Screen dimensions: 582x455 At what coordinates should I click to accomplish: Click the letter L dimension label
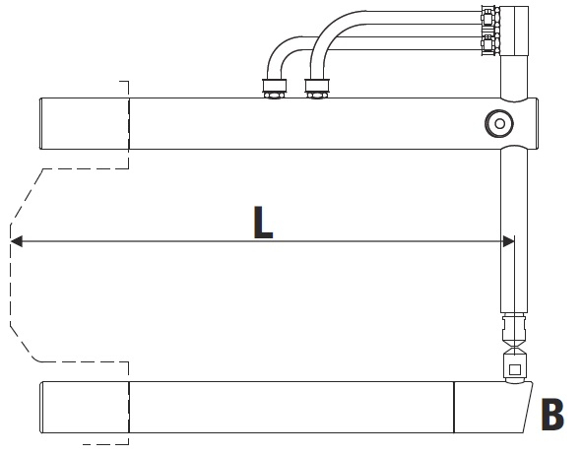point(263,222)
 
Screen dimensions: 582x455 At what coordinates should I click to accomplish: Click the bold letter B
point(552,415)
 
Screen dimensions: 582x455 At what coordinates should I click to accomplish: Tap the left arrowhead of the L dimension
point(16,241)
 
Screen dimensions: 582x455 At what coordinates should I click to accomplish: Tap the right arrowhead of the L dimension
point(509,241)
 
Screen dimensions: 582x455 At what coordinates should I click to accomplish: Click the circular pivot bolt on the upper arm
point(499,123)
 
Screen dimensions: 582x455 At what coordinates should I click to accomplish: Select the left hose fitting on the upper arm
point(275,89)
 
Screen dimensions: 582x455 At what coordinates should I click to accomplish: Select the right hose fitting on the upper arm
point(317,89)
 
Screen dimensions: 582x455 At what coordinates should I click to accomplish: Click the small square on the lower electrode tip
point(514,369)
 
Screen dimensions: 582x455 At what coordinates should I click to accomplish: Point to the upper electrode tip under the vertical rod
point(514,330)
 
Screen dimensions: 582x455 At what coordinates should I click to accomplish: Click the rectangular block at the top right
point(514,31)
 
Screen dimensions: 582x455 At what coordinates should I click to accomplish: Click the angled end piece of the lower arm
point(492,407)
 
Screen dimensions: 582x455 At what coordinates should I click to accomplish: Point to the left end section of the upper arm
point(85,123)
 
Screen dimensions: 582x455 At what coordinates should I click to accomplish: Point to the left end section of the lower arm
point(85,407)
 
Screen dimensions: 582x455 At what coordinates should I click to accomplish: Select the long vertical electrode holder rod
point(514,230)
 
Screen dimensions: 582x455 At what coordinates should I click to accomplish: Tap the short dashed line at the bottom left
point(105,444)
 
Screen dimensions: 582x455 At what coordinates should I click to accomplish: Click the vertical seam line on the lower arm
point(454,407)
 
